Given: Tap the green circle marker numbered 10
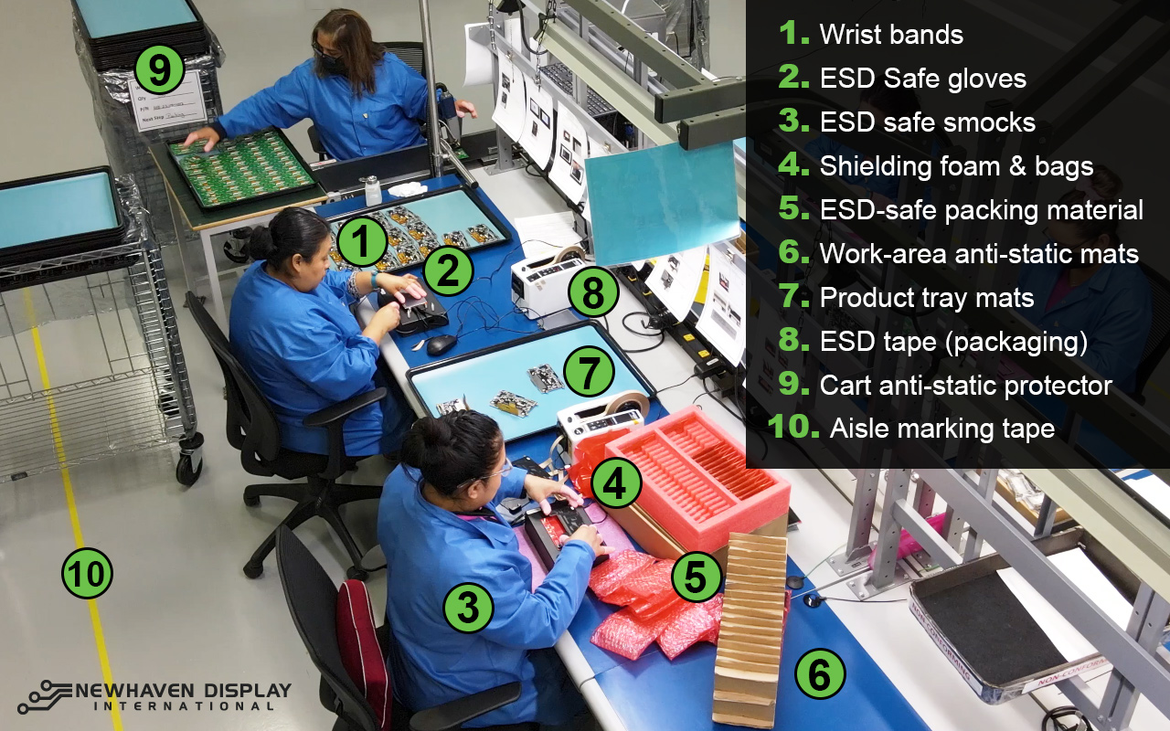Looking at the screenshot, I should coord(87,575).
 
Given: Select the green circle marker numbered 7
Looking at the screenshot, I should coord(589,373).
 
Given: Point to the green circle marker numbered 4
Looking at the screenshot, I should coord(615,484).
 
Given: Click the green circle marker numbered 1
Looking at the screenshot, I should coord(362,242).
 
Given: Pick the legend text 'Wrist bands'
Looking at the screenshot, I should coord(890,35).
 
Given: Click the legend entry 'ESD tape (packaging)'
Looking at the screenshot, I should coord(952,342).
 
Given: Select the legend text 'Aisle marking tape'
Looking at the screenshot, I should coord(941,428).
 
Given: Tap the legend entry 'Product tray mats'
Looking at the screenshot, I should coord(926,298).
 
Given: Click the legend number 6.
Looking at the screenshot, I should coord(792,253).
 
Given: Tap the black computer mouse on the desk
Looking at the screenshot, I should coord(441,344).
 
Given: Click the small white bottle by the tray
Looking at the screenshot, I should coord(372,190).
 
